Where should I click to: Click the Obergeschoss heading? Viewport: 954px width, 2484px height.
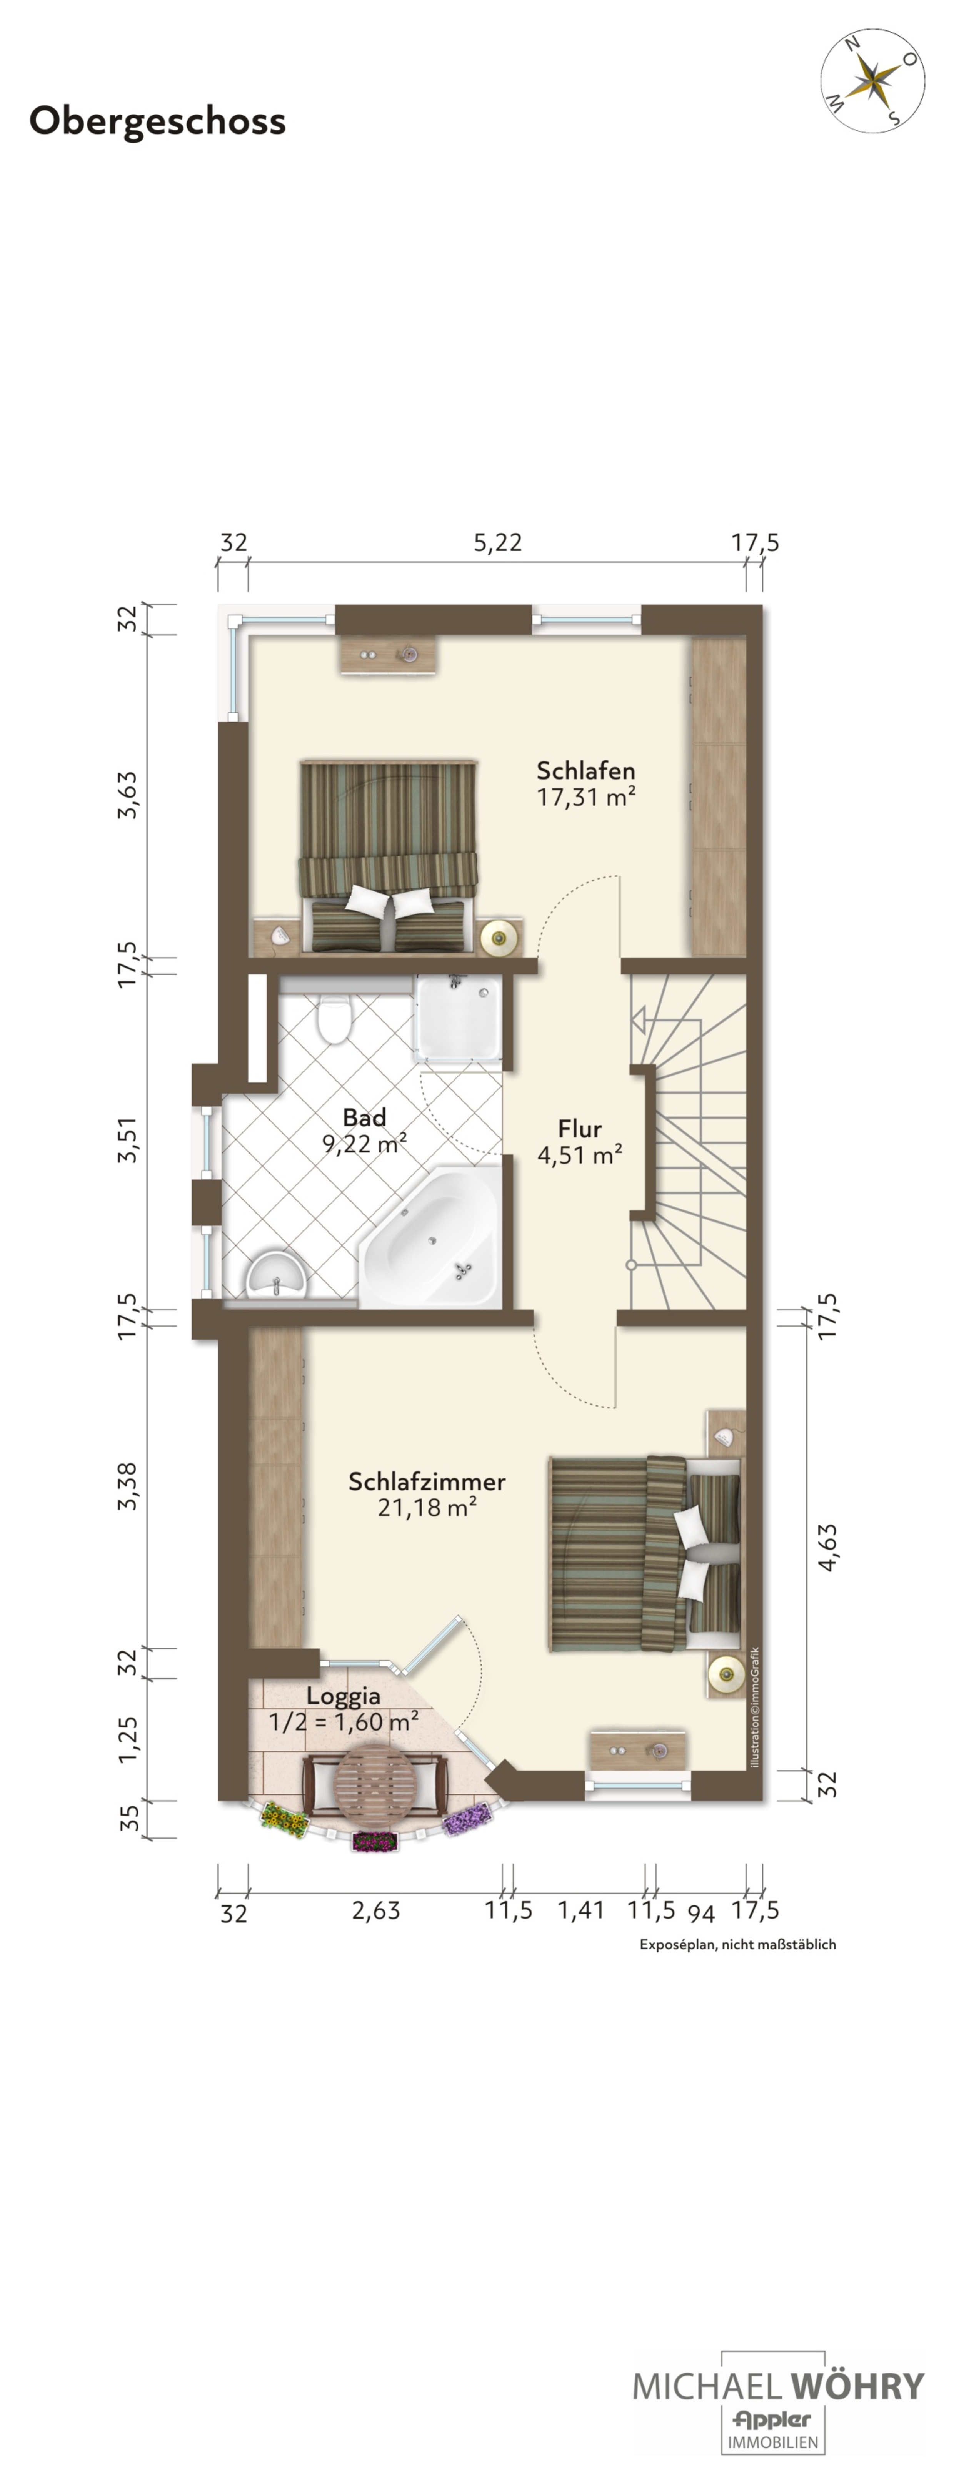pos(157,121)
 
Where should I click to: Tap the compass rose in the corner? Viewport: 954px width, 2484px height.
pos(872,80)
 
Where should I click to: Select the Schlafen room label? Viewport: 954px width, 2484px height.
pos(585,770)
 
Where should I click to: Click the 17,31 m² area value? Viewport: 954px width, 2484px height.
pos(585,796)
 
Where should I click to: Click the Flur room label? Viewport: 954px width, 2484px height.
pos(580,1128)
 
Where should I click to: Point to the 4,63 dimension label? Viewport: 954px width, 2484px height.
pos(828,1548)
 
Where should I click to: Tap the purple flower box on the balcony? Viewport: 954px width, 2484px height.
pos(467,1819)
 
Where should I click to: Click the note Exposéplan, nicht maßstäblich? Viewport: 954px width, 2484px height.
pos(738,1944)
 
